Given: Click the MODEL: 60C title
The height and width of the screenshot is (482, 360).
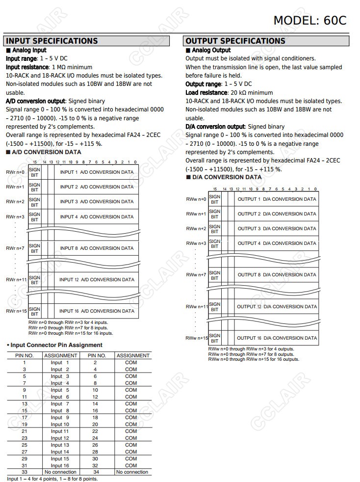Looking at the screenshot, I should click(x=309, y=20).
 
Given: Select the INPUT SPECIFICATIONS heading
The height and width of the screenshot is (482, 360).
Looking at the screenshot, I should click(x=52, y=41).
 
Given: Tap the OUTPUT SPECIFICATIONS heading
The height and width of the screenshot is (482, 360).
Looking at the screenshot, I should click(x=235, y=41).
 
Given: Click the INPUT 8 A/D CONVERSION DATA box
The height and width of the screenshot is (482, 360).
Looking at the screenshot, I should click(x=97, y=248).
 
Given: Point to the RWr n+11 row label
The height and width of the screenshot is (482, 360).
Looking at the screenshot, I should click(x=16, y=279).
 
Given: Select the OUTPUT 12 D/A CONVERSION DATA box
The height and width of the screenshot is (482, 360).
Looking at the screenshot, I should click(x=277, y=307).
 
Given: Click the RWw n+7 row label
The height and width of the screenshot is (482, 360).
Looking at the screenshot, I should click(x=196, y=275).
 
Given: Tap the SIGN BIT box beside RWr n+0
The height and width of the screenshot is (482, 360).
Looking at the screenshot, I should click(x=34, y=172).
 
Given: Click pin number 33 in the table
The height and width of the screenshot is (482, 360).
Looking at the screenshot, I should click(x=25, y=472).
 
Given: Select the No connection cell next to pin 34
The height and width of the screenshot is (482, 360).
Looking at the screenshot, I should click(x=132, y=472).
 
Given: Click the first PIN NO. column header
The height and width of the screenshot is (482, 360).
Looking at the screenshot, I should click(x=25, y=355).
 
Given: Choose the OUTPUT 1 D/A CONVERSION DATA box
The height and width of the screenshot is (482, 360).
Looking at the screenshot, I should click(x=277, y=199).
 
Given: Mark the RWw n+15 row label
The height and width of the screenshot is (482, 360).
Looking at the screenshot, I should click(x=197, y=338).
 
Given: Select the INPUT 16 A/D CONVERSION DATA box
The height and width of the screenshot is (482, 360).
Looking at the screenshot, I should click(x=97, y=311).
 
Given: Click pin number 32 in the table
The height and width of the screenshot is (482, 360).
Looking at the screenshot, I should click(x=95, y=465).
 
